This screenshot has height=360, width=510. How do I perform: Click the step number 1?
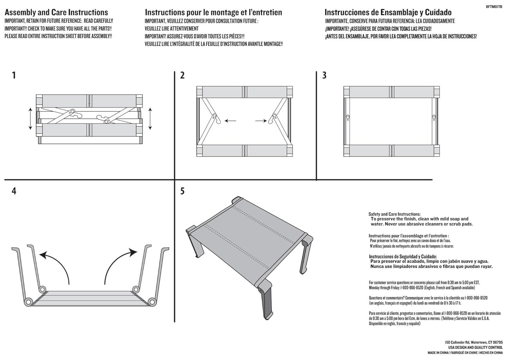point(14,75)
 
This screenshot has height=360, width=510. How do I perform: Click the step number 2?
point(182,75)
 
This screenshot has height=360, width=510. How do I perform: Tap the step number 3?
point(324,75)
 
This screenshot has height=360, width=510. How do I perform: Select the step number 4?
point(14,191)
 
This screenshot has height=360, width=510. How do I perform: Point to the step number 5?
point(182,191)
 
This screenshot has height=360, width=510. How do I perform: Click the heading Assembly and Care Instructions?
point(56,13)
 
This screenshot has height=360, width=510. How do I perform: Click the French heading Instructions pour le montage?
point(213,13)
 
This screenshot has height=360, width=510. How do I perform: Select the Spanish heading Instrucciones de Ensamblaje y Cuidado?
point(388,13)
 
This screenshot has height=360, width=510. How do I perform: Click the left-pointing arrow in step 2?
point(231,120)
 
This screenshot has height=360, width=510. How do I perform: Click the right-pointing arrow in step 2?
point(261,120)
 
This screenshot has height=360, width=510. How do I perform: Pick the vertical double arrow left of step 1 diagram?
point(30,118)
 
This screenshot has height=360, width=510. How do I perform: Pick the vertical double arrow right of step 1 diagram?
point(150,118)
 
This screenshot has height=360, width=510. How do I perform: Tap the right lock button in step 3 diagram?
point(434,117)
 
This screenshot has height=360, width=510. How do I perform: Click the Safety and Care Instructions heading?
point(394,214)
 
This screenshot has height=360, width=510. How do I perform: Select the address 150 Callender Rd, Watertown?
point(473,342)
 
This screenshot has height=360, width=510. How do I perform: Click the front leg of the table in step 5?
point(266,301)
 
